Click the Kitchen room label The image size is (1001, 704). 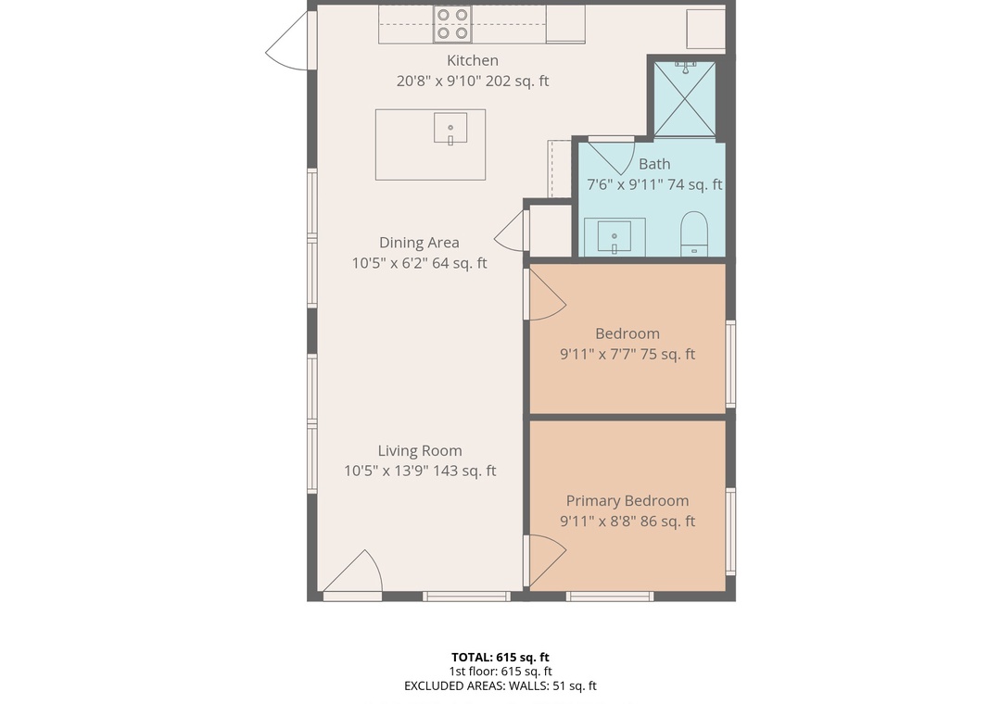473,60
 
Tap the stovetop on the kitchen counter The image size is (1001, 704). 452,24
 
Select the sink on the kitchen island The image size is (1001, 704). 450,128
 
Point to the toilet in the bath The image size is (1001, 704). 694,233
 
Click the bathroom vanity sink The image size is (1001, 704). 615,237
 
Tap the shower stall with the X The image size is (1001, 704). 684,99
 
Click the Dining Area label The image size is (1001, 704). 420,243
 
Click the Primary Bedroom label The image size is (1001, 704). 627,501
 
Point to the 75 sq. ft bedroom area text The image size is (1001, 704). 667,354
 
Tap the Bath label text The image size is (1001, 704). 655,164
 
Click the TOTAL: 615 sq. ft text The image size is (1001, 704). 500,658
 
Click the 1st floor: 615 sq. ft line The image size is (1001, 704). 500,672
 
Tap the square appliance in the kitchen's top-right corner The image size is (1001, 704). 705,29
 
